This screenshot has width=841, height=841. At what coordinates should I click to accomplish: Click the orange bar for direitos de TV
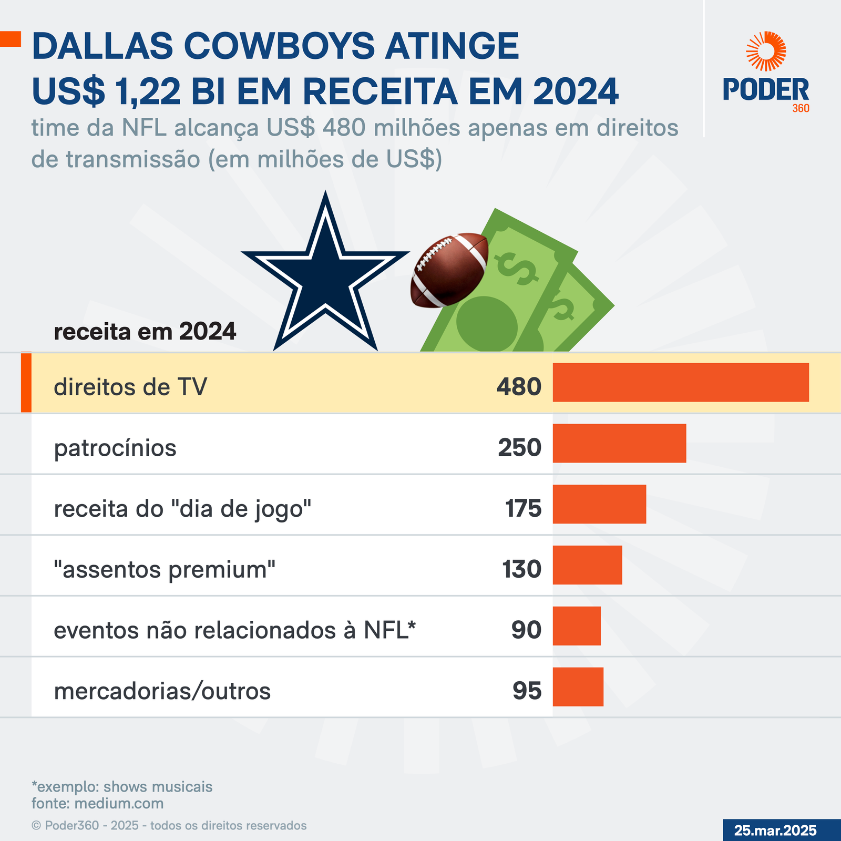[x=681, y=382]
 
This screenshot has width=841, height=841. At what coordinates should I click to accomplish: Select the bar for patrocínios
[x=619, y=443]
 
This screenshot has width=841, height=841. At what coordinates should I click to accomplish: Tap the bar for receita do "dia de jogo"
[x=599, y=504]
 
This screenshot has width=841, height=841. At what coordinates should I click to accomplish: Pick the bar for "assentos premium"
[x=587, y=565]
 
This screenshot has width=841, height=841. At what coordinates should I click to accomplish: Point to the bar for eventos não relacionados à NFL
[x=577, y=625]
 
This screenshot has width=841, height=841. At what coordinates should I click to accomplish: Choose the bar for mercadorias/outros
[x=578, y=686]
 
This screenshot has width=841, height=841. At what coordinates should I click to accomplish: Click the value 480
[x=519, y=387]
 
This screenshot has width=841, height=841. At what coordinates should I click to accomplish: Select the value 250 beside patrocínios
[x=519, y=448]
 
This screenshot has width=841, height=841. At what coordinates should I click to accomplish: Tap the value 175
[x=523, y=509]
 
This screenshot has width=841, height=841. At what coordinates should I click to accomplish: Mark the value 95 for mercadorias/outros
[x=527, y=691]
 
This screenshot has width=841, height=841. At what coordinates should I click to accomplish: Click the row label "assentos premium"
[x=165, y=570]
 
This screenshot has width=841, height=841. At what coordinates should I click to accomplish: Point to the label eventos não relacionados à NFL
[x=234, y=630]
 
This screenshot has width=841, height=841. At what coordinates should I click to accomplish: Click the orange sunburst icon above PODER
[x=766, y=51]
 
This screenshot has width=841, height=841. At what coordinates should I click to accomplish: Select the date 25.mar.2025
[x=775, y=830]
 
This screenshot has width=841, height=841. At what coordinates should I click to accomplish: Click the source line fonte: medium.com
[x=97, y=803]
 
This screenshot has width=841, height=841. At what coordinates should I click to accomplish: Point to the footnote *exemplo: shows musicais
[x=122, y=787]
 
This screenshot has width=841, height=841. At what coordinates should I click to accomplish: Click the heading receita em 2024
[x=145, y=332]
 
